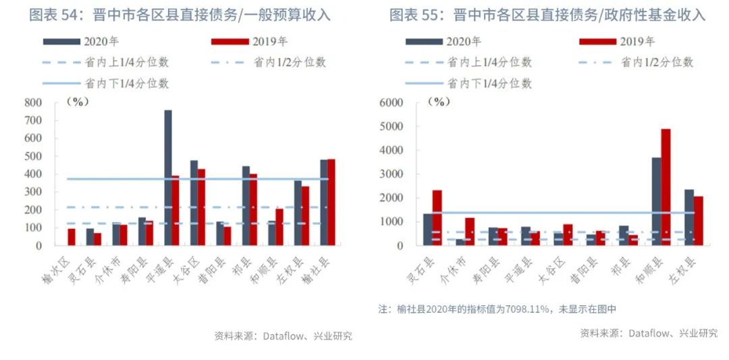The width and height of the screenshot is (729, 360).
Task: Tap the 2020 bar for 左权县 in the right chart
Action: tap(689, 217)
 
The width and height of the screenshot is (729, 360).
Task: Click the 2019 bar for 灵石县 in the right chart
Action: tap(437, 217)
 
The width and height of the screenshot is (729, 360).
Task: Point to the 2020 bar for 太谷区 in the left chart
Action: tap(194, 203)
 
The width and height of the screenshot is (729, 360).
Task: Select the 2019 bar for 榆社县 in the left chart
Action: tap(331, 203)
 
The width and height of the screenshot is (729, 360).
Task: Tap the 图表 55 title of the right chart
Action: tap(547, 14)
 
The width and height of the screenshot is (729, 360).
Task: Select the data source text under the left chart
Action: tap(283, 336)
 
